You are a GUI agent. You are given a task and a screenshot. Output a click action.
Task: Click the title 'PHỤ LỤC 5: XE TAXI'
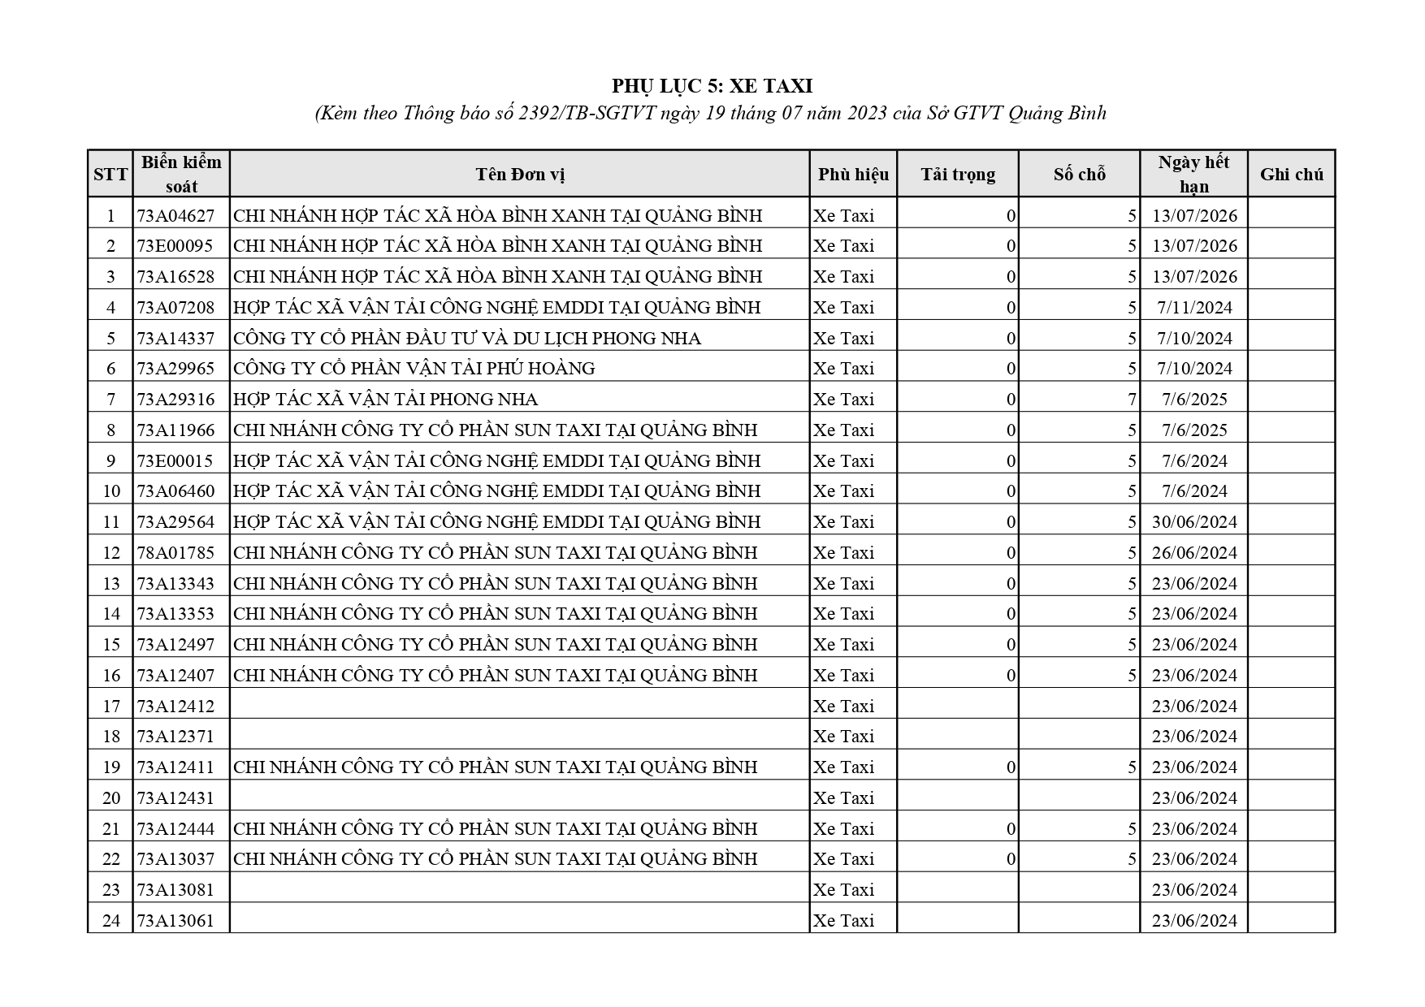coord(712,86)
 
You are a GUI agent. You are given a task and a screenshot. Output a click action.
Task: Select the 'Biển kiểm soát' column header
coord(181,174)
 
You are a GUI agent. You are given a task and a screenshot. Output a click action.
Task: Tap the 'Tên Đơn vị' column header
coord(520,175)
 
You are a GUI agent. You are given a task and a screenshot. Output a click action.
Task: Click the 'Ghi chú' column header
coord(1291,175)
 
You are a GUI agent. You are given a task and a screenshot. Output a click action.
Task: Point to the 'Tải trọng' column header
coord(958,175)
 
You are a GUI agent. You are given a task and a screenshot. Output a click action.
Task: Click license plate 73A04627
coord(175,215)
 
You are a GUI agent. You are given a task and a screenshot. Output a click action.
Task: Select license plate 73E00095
coord(175,246)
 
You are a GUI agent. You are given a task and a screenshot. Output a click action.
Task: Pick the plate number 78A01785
coord(175,553)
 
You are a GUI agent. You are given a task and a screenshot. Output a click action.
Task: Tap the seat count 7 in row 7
coord(1131,400)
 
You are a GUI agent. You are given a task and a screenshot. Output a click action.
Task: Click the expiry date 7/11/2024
coord(1194,308)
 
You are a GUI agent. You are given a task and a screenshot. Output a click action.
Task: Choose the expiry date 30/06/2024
coord(1194,522)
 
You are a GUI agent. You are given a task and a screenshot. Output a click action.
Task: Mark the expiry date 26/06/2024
coord(1194,553)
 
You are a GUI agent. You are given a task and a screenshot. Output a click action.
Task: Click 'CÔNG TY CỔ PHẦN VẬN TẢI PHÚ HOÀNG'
coord(414,369)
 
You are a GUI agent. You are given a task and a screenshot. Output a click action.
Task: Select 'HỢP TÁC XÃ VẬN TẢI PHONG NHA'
coord(386,400)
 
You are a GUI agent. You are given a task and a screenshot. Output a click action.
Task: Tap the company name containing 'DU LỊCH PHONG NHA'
coord(467,339)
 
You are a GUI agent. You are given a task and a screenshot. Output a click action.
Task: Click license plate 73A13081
coord(175,890)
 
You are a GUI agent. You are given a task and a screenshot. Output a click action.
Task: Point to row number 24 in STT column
coord(111,921)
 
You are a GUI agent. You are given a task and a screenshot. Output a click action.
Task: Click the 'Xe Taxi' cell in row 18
coord(844,737)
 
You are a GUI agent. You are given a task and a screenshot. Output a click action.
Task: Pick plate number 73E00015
coord(175,461)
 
